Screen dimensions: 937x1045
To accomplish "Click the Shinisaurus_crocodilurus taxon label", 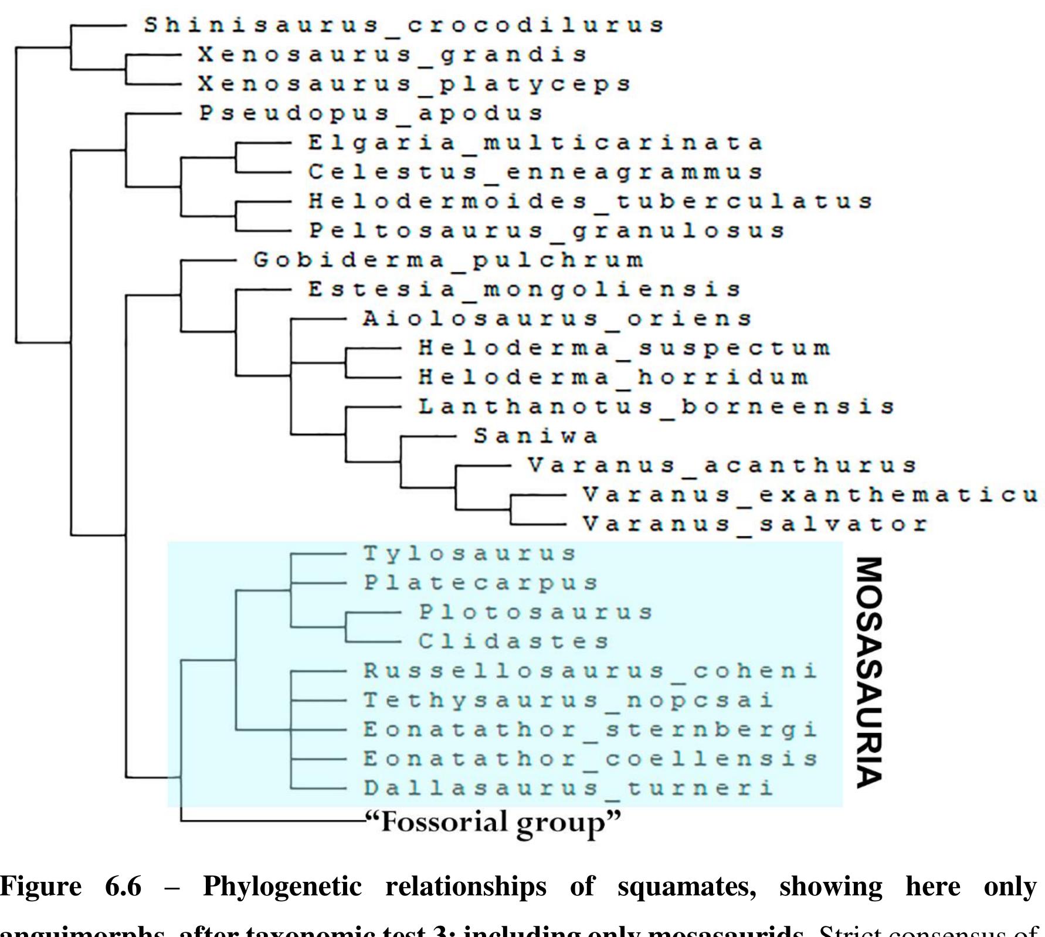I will (404, 25).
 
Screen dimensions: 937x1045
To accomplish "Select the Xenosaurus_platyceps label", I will (414, 84).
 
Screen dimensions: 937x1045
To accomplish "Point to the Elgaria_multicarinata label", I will (535, 142).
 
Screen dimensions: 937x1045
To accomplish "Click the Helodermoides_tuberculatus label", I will (591, 201).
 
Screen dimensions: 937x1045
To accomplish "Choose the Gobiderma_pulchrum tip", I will (449, 260).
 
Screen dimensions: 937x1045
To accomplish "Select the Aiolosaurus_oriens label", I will (557, 318).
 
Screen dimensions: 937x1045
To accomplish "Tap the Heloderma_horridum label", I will (613, 376).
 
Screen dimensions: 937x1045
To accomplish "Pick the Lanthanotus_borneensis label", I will (656, 406).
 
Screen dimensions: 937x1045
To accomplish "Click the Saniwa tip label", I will (536, 436).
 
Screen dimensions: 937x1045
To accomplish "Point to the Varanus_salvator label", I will (755, 523).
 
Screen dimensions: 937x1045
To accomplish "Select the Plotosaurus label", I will (535, 612).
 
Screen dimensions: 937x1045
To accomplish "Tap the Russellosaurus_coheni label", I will (590, 670).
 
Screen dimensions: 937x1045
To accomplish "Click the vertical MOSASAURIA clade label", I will (869, 672).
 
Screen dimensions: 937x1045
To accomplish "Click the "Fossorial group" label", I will (492, 821).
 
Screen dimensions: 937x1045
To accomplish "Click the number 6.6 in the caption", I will (123, 886).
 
